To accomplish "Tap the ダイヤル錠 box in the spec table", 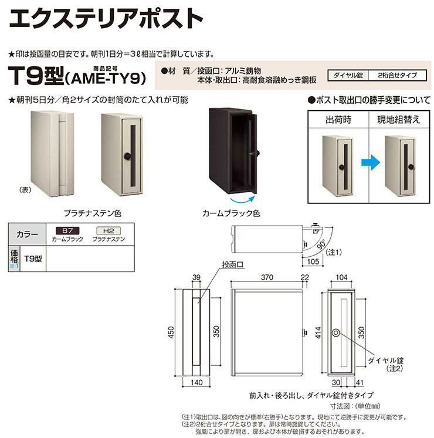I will click(x=347, y=74).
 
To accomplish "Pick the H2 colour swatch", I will click(x=107, y=232).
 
